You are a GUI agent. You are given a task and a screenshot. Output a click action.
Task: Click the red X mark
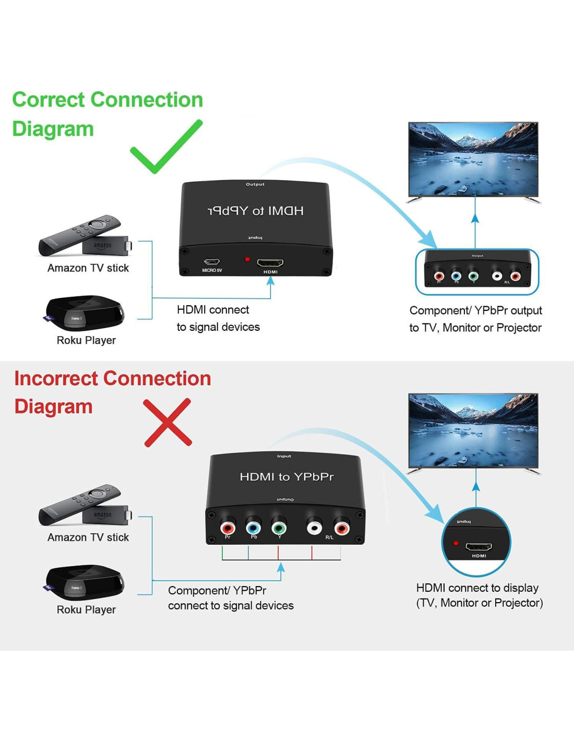coord(168,423)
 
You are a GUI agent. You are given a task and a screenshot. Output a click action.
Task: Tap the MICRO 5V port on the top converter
coord(212,262)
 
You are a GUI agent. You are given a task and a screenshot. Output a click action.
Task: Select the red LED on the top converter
coord(247,259)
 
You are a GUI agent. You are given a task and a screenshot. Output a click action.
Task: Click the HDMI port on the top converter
coord(270,262)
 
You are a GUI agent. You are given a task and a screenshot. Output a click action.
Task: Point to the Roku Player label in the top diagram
coord(86,340)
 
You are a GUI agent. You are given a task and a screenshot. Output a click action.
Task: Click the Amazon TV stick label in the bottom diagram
coord(88,537)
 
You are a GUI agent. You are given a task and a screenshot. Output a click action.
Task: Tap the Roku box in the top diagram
coord(85,313)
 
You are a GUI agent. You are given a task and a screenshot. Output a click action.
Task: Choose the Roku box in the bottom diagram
coord(85,582)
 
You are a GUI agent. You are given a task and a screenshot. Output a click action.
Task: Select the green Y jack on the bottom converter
coord(279,528)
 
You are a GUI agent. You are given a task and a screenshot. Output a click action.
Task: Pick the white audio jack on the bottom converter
coord(314,528)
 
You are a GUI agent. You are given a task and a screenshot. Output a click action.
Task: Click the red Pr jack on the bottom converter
coord(228,528)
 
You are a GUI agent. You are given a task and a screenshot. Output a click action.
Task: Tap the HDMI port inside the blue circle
coord(479,547)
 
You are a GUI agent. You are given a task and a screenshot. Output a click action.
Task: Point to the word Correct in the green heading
coord(49,100)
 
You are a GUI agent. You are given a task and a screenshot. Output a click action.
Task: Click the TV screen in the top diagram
coord(473,159)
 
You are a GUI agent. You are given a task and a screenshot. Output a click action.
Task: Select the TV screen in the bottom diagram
coord(473,430)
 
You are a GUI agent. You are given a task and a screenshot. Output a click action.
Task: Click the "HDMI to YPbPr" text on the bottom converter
coord(286,476)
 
